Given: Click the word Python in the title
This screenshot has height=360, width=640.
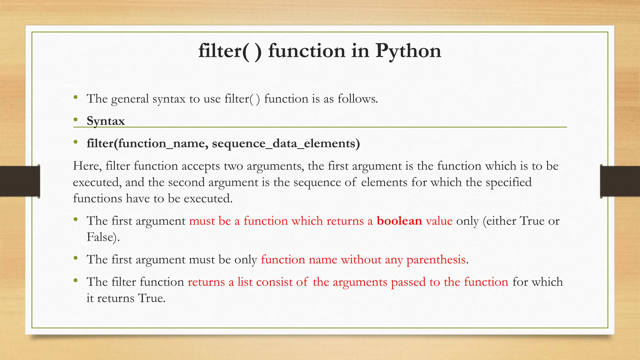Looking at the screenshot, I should coord(408,51).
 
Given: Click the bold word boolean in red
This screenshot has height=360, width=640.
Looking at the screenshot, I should coord(399,221).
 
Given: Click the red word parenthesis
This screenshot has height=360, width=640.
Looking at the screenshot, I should coord(436,260).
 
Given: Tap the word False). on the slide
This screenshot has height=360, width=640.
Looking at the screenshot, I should coord(103,237).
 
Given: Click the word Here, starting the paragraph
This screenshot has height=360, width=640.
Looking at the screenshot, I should coord(87,166).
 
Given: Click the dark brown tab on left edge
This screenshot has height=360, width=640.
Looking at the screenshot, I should coord(20,181).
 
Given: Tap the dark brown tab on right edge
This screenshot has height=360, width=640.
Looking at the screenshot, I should coord(620,181).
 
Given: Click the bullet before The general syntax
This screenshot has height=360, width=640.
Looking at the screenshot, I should coord(75,97).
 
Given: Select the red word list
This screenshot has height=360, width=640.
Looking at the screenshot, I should coord(245,282).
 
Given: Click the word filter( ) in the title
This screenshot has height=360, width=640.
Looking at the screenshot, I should coord(230,51).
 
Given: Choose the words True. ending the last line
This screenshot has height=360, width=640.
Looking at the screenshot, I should coord(152,298).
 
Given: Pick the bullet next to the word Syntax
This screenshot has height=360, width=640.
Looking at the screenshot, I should coord(75,119).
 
